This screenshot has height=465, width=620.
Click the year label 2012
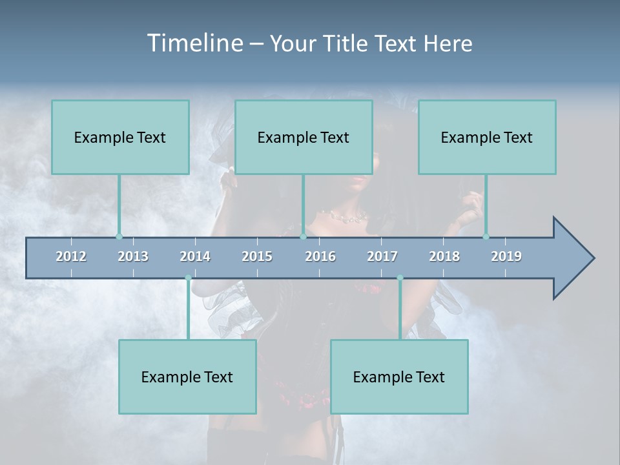coord(71,256)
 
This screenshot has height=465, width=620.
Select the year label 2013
coord(133,256)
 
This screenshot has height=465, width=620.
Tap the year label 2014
coord(195,256)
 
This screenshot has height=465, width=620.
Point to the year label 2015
coord(257,256)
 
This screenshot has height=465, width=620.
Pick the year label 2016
coord(320,256)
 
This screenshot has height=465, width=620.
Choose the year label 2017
coord(382,256)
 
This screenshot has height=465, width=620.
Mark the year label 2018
coord(444,256)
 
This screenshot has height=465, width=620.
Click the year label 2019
coord(506,256)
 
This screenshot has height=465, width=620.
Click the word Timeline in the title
coord(194,43)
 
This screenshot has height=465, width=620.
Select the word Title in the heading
coord(347,43)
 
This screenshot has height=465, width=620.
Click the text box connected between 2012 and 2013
coord(120,137)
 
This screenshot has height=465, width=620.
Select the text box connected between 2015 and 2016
coord(304,137)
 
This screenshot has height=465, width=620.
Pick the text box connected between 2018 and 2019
coord(487,137)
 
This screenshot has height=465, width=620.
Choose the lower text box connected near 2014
coord(187,377)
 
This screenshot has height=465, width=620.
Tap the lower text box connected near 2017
coord(399,377)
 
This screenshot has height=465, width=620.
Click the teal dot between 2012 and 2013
coord(119,236)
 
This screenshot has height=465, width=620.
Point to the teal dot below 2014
coord(188,278)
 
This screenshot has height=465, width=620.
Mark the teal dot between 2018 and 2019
coord(486,236)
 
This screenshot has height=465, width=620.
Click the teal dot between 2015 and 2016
coord(303,236)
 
